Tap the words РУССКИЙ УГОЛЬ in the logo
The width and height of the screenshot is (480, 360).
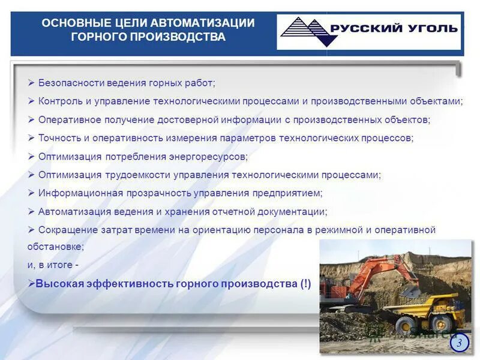pos(394,28)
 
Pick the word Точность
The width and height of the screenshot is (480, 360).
pos(59,138)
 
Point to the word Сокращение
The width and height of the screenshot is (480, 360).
pos(65,230)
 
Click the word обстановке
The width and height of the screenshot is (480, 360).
pos(54,246)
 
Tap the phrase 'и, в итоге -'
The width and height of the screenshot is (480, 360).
pos(53,264)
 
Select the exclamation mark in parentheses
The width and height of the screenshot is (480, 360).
pos(305,284)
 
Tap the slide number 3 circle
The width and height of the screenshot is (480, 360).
pos(459,343)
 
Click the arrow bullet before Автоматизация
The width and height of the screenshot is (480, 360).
pos(31,211)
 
